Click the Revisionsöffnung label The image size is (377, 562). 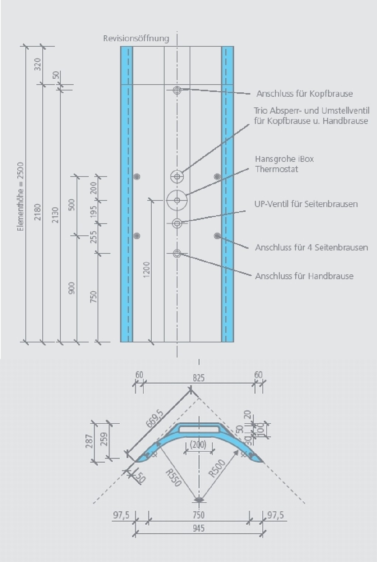pos(136,38)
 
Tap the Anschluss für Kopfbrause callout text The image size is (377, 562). pos(304,94)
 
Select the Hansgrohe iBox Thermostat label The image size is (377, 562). pos(284,164)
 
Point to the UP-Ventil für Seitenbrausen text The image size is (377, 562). pos(306,204)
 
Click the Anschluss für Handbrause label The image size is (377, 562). pos(304,276)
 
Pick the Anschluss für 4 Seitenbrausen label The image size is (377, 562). pos(311,248)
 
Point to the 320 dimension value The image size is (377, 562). pos(37,64)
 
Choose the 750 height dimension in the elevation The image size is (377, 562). pos(93,296)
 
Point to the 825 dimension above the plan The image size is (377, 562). pos(199,378)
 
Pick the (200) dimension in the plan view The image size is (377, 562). pos(198,445)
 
